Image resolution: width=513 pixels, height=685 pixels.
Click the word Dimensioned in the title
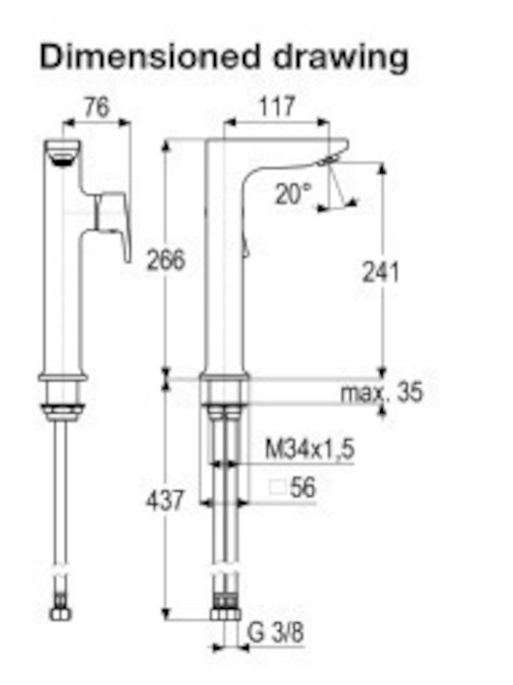[x=150, y=56]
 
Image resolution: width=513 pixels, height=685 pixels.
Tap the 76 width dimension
[x=97, y=108]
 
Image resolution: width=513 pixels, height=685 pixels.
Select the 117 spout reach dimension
[x=277, y=107]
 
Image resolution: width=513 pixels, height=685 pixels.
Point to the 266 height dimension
[x=165, y=260]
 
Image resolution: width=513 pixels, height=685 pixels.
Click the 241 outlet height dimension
[x=381, y=272]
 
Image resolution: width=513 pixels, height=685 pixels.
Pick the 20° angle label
[x=294, y=193]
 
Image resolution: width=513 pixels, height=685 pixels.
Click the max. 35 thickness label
[x=382, y=392]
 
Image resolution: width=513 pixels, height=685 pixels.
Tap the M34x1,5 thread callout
[x=310, y=449]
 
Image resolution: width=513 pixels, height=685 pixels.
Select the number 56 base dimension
[x=302, y=487]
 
